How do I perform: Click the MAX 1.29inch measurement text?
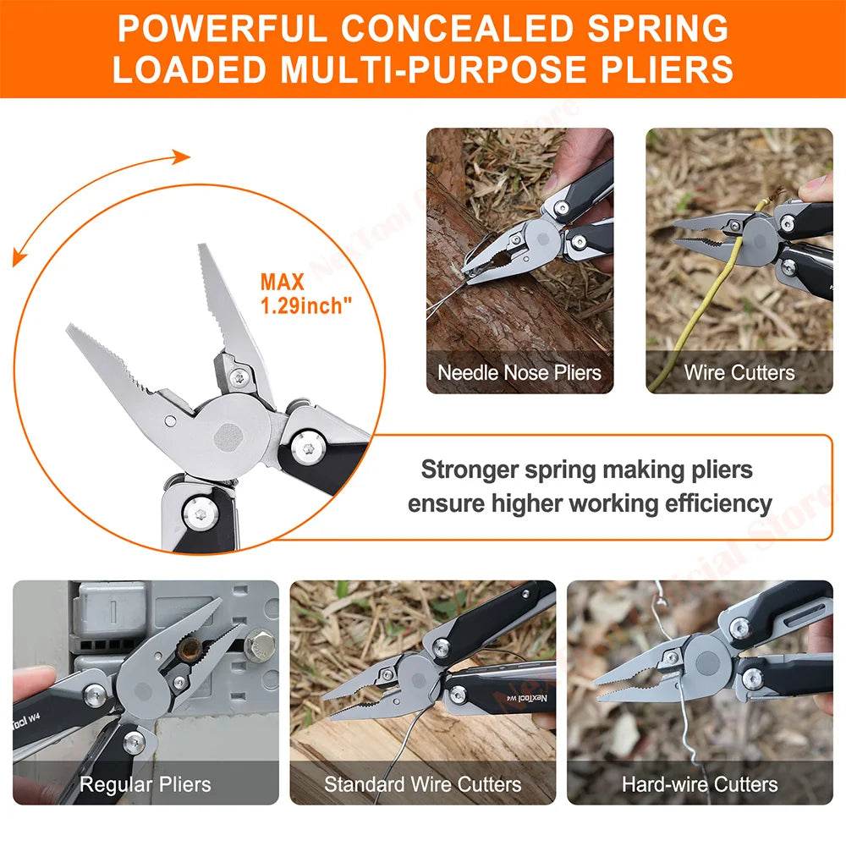pyautogui.click(x=305, y=293)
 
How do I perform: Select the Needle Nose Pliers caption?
pyautogui.click(x=519, y=372)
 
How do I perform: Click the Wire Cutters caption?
pyautogui.click(x=739, y=372)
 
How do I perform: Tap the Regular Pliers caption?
pyautogui.click(x=145, y=784)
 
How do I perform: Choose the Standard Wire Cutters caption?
pyautogui.click(x=422, y=784)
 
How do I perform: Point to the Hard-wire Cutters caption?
pyautogui.click(x=700, y=784)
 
